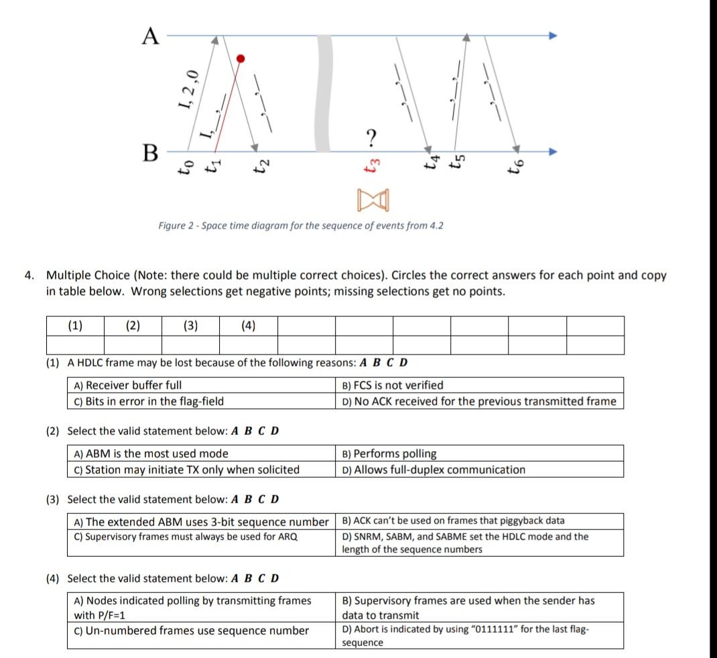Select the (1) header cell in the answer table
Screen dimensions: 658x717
pos(75,326)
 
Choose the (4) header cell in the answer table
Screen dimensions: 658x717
pos(248,326)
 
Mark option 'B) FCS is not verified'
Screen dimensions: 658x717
pos(392,385)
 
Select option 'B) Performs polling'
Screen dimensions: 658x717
pos(389,454)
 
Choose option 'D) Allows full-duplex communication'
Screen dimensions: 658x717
pos(433,470)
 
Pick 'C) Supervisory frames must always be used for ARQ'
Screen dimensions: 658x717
pos(186,537)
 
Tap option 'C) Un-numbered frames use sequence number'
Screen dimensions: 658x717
pos(191,631)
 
